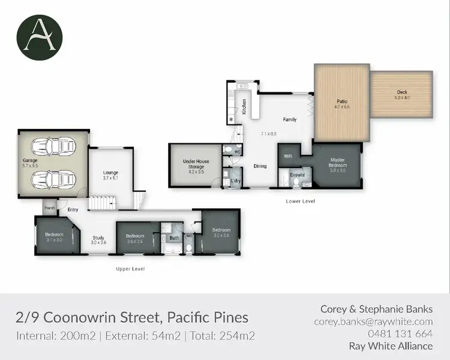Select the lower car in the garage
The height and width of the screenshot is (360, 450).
[x=53, y=179]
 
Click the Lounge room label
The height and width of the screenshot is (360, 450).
[x=110, y=173]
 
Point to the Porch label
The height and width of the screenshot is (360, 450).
[x=49, y=209]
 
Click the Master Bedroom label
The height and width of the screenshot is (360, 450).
[x=338, y=163]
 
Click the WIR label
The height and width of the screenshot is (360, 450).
[x=289, y=156]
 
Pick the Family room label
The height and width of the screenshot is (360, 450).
[x=290, y=119]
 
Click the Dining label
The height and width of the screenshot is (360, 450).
[x=260, y=166]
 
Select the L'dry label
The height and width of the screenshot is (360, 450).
[x=236, y=181]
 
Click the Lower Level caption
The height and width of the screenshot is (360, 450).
[x=301, y=201]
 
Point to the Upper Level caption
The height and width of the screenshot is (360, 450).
[x=130, y=269]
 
